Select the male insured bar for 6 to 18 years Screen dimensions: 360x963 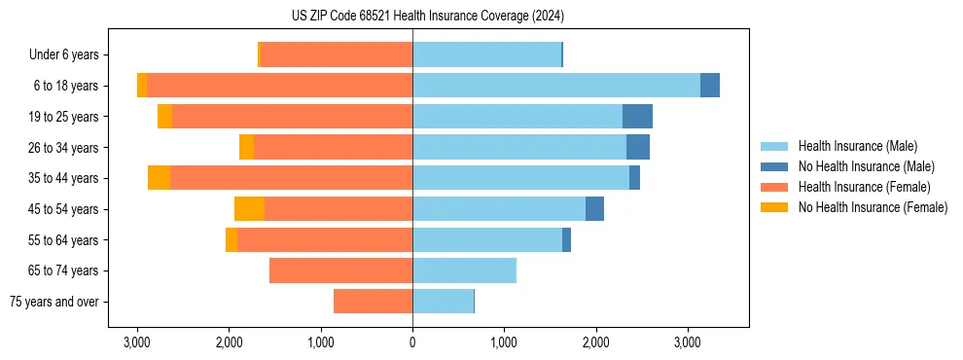coord(555,86)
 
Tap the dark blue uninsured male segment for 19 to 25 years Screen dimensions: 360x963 coord(637,117)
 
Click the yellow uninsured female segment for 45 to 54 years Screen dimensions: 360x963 coord(249,209)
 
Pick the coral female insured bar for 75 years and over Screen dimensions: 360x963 coord(373,302)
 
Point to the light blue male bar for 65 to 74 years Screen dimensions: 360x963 coord(464,270)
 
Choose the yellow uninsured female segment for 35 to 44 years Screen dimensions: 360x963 coord(159,178)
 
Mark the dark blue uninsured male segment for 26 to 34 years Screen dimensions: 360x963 coord(637,148)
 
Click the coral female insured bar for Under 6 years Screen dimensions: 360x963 coord(337,55)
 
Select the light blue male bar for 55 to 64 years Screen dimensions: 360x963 coord(487,240)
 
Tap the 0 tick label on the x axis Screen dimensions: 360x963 coord(412,342)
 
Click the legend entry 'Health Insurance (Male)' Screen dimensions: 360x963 coord(857,147)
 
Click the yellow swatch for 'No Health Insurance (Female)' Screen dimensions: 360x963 coord(774,207)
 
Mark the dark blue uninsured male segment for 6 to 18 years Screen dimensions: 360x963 coord(710,86)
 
